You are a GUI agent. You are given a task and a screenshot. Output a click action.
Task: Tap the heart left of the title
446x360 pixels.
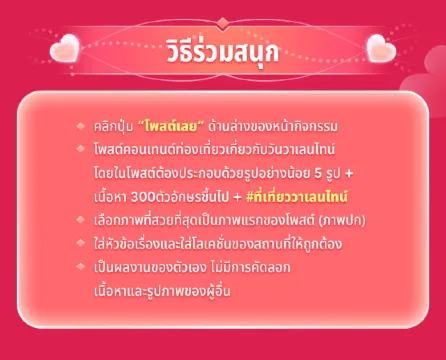pyautogui.click(x=65, y=47)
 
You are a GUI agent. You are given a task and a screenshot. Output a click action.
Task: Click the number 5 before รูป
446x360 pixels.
pyautogui.click(x=314, y=170)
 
